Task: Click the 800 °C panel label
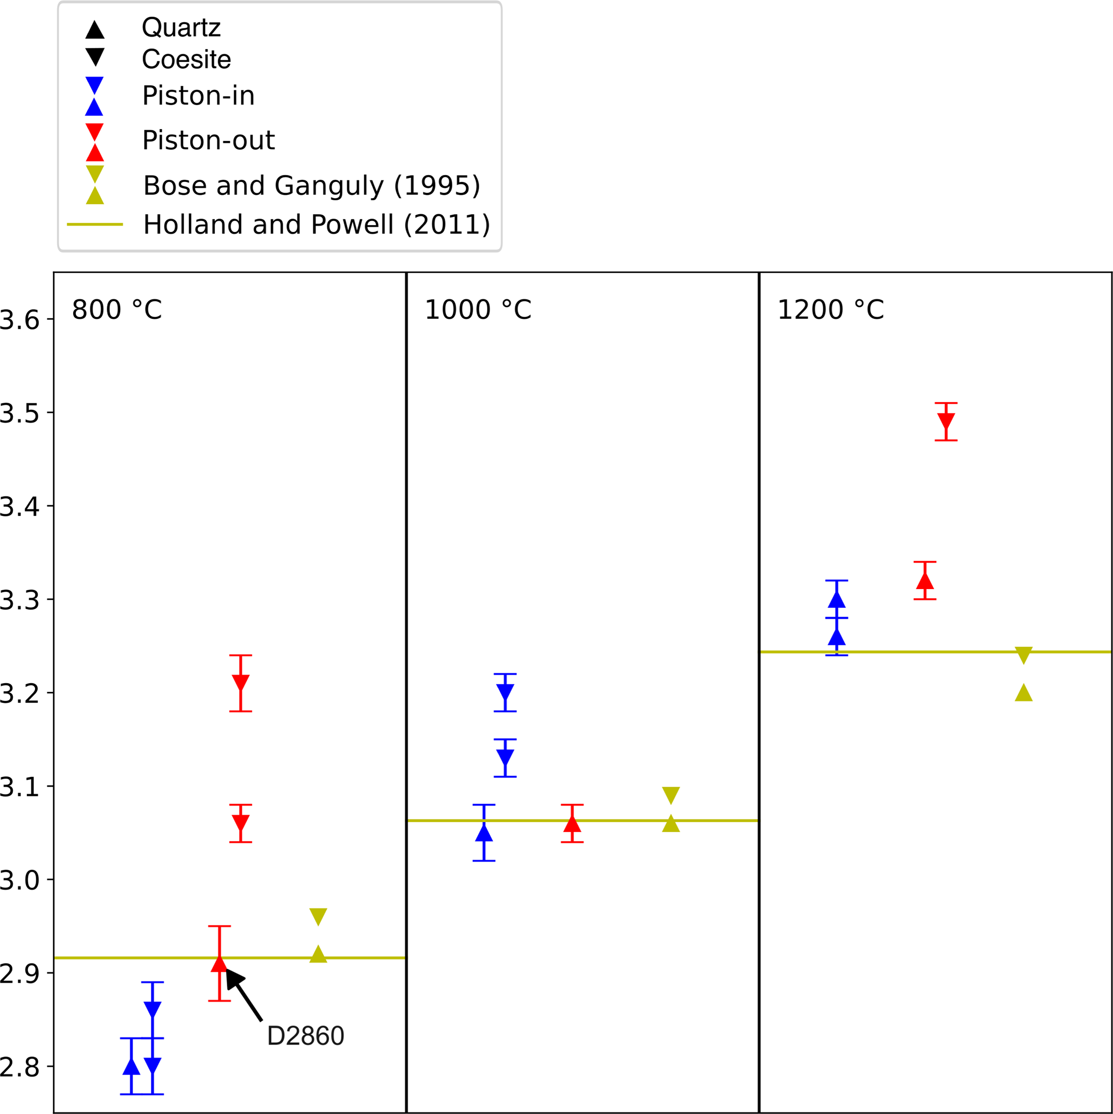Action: click(116, 310)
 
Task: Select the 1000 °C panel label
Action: click(478, 310)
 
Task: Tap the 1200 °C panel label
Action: click(830, 310)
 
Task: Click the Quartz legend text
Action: click(181, 27)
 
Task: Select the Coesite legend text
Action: click(186, 59)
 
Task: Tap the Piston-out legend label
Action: click(208, 140)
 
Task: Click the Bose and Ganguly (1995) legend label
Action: click(311, 185)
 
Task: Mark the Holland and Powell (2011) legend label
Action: click(317, 225)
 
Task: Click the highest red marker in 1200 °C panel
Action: click(946, 422)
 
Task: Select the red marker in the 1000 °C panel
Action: click(572, 823)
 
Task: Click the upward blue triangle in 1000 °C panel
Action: click(484, 833)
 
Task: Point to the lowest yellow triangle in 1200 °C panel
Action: click(1024, 692)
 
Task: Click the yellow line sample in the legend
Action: click(95, 225)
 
